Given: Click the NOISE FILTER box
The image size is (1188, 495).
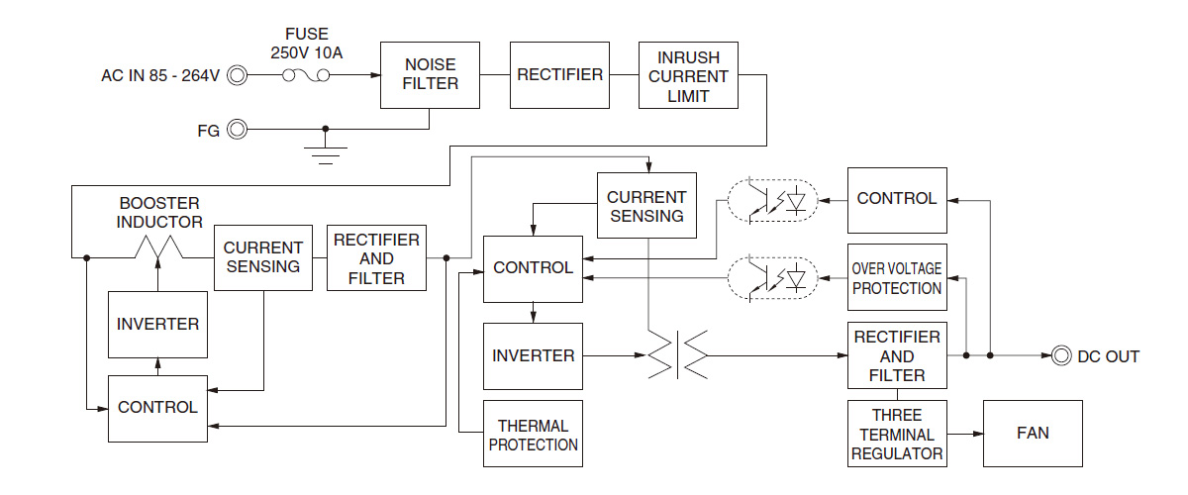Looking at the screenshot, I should (x=431, y=75).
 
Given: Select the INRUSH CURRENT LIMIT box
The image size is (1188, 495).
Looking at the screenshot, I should (x=688, y=75).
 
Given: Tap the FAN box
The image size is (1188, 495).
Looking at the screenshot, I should (x=1033, y=434).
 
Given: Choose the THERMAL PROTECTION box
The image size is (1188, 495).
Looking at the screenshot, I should (x=533, y=434).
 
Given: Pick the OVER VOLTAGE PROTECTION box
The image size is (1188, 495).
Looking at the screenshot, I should (x=897, y=278).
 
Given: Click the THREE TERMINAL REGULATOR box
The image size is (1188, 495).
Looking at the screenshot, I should (x=897, y=434).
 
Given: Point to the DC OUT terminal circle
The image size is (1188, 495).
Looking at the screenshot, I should (x=1062, y=355).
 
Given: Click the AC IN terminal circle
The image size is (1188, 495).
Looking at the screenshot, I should (x=238, y=75).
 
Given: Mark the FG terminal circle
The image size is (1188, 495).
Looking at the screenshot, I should (x=238, y=129).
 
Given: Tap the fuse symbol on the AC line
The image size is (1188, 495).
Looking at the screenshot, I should (x=307, y=75).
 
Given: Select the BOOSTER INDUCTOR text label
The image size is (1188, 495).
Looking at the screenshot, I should (x=160, y=213).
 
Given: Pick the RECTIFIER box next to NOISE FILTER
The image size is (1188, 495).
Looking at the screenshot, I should (x=559, y=75).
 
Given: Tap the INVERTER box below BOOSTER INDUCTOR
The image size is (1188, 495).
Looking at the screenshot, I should (x=157, y=324).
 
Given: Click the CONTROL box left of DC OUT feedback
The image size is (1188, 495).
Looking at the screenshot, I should (x=897, y=199).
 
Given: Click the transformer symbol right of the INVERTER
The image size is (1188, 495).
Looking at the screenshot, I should (x=677, y=355).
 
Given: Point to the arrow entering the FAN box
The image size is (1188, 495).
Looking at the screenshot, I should (x=974, y=434).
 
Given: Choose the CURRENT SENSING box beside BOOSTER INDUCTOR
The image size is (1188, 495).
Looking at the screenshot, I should (x=262, y=257).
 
